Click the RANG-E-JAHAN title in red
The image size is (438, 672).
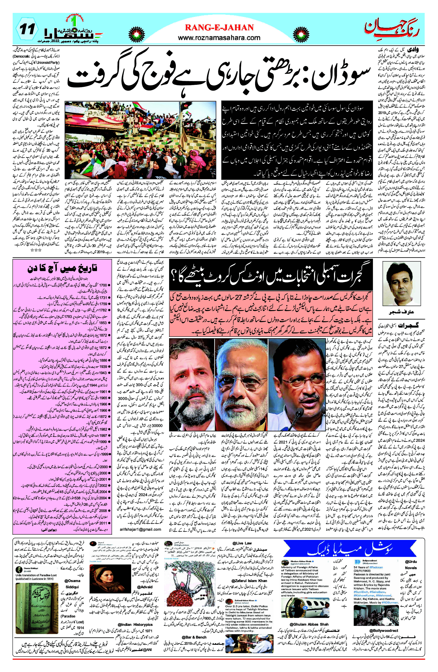pos(219,27)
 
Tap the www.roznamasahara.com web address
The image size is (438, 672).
pos(219,38)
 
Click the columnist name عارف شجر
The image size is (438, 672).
pos(401,312)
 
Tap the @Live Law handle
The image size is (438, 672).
pos(242,543)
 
